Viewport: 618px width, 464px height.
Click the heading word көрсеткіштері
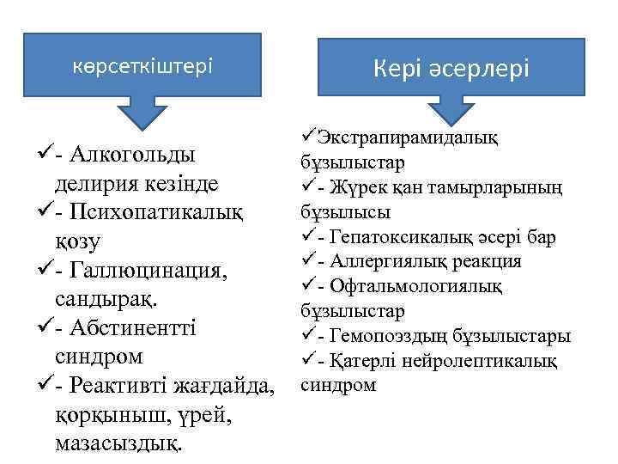pyautogui.click(x=142, y=66)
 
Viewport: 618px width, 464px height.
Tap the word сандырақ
pyautogui.click(x=98, y=301)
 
